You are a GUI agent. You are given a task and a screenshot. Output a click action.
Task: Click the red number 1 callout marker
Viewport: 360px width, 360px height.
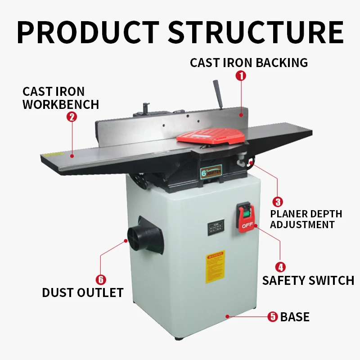click(241, 76)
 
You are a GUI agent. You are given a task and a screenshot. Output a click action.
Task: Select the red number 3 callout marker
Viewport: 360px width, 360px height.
click(279, 202)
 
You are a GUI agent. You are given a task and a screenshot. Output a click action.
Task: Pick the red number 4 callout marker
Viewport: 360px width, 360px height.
click(280, 267)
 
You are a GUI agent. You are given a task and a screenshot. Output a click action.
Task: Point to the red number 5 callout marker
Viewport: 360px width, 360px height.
click(273, 317)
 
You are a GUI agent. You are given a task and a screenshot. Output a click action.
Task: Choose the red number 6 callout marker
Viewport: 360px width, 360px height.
click(101, 279)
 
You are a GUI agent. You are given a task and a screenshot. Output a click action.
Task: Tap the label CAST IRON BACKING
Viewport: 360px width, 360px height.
click(249, 63)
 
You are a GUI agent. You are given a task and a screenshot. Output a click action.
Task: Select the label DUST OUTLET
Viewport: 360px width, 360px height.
click(83, 293)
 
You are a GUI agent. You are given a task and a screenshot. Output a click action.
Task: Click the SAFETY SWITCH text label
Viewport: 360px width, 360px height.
click(308, 281)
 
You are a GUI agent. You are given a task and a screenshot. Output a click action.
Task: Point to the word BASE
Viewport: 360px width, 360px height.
click(295, 317)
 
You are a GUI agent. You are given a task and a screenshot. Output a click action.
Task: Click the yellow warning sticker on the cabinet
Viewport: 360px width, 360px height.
click(215, 269)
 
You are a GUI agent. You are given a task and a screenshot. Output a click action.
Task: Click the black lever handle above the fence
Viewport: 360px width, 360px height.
click(218, 94)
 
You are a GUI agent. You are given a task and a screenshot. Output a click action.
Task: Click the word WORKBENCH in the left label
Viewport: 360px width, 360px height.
click(61, 104)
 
